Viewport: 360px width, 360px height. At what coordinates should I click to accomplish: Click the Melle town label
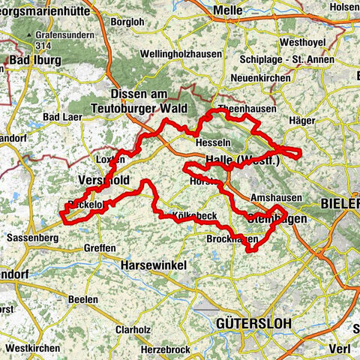230,10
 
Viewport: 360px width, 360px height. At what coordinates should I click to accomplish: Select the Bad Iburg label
31,60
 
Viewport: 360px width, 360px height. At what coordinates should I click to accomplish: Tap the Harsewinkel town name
155,264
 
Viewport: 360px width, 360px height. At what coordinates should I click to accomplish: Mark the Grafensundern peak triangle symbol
31,35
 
